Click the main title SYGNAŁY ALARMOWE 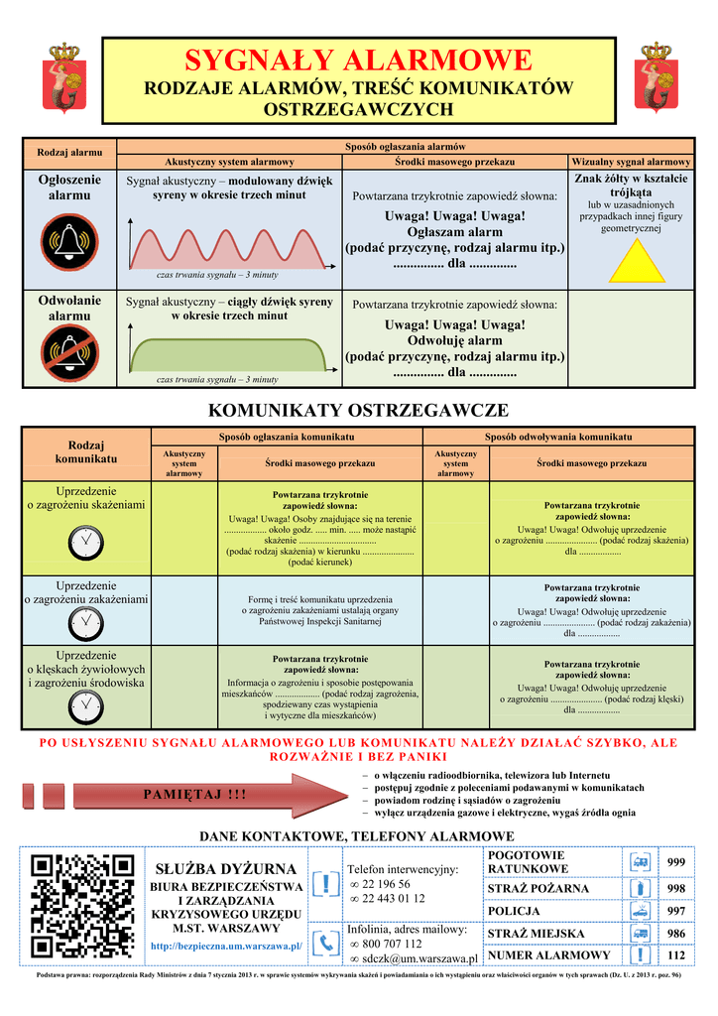pos(358,61)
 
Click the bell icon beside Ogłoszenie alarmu pos(68,241)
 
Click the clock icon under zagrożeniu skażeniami pos(86,542)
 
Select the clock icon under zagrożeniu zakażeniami pos(86,623)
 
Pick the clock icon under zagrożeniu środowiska pos(86,706)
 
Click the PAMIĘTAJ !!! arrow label pos(195,795)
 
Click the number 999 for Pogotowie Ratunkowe pos(676,861)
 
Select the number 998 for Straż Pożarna pos(676,888)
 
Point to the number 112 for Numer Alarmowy pos(676,955)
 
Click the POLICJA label pos(514,911)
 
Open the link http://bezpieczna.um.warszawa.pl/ pos(226,947)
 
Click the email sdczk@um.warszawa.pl pos(418,959)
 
